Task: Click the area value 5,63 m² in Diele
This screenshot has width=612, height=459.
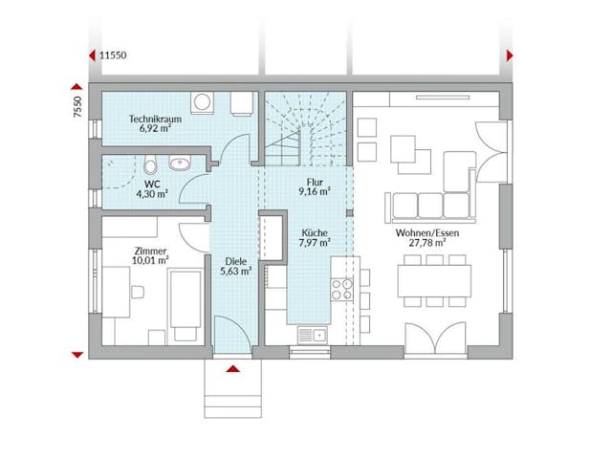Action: coord(236,271)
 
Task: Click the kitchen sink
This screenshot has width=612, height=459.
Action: coord(312,334)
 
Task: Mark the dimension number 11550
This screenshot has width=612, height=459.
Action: coord(114,55)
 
